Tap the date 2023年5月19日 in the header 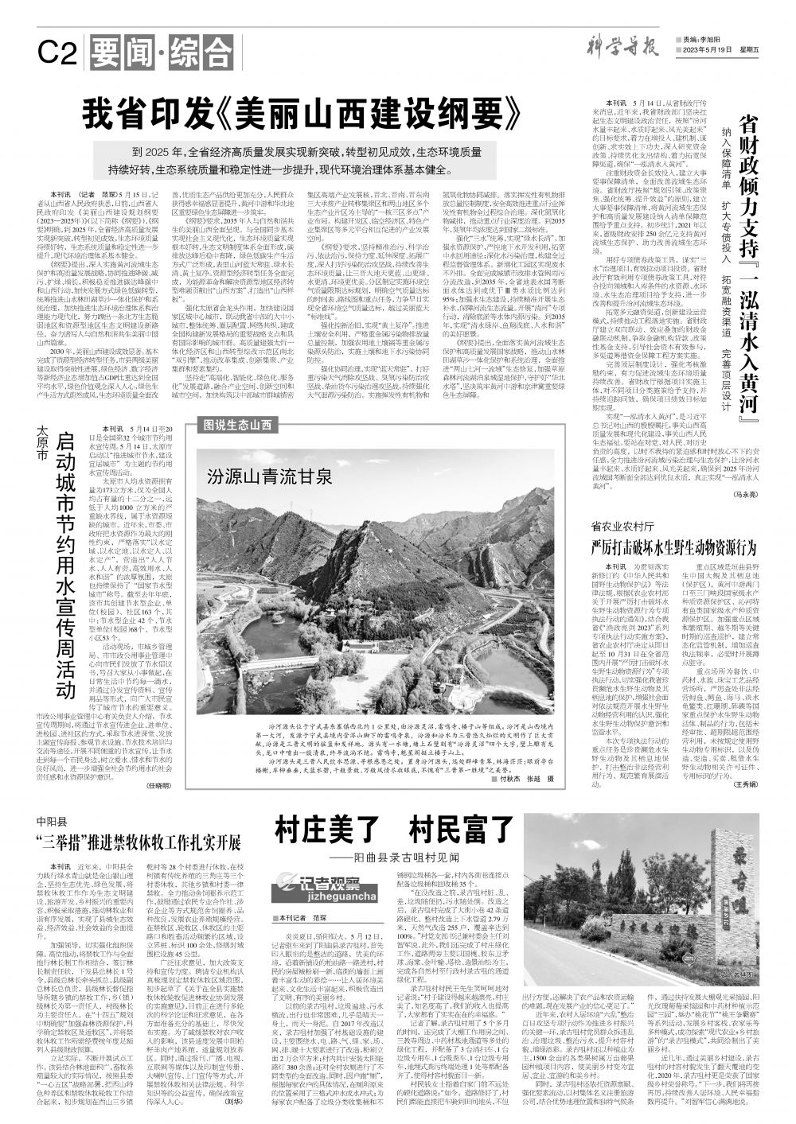point(707,50)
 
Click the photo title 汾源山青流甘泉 point(258,476)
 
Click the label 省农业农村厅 point(622,527)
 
